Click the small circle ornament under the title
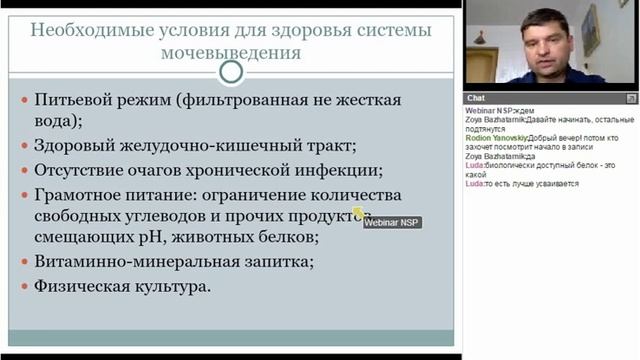coord(231,72)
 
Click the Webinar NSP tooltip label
coord(391,222)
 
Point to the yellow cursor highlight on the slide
coord(358,212)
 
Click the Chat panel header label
coord(476,98)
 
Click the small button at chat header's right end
coord(631,98)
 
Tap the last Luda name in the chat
coord(475,184)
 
